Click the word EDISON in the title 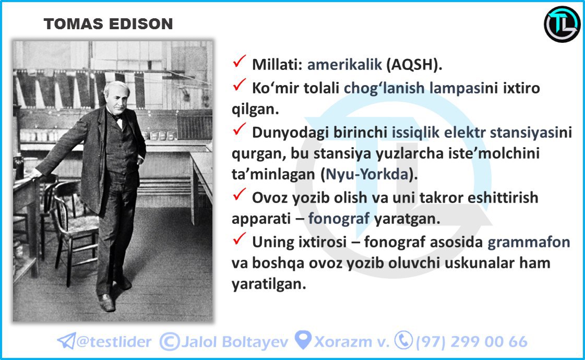click(141, 24)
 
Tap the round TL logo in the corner click(562, 24)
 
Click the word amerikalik click(344, 65)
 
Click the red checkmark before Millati click(239, 61)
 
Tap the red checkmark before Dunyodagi click(239, 129)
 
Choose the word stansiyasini click(531, 133)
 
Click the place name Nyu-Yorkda click(367, 174)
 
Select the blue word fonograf click(339, 218)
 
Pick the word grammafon click(529, 242)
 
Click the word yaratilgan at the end click(269, 284)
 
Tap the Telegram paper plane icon click(66, 341)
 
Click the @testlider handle click(114, 342)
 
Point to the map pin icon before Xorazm click(303, 340)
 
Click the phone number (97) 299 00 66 click(472, 342)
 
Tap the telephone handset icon click(404, 340)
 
